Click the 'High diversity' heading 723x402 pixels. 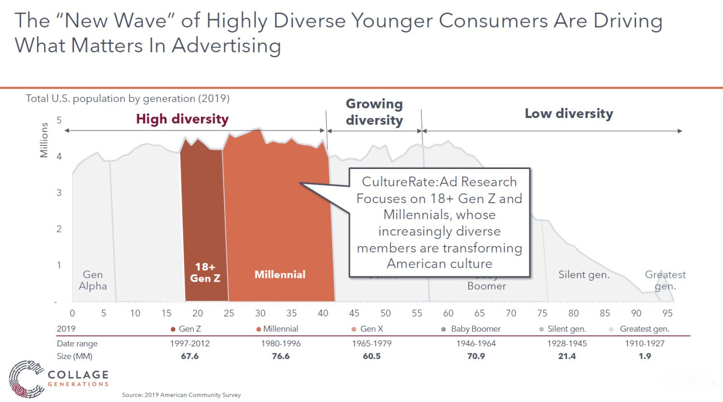182,119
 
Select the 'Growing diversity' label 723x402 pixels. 374,112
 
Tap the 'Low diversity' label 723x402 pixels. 569,114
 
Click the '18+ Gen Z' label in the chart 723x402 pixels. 205,272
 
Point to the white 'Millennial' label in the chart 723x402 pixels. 280,274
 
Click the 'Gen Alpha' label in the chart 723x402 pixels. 93,280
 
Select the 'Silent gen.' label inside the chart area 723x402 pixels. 584,275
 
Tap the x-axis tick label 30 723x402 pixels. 260,313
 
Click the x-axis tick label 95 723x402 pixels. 667,313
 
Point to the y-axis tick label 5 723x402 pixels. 59,120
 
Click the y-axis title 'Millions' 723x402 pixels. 44,140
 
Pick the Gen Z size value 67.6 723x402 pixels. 189,356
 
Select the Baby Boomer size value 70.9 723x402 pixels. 476,356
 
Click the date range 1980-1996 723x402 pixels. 281,344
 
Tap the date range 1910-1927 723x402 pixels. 644,344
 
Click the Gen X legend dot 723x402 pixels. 354,329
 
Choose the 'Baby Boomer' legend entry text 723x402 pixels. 476,329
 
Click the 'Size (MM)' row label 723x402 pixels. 74,356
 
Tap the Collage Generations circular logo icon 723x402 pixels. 25,379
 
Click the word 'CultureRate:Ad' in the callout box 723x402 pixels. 400,182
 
